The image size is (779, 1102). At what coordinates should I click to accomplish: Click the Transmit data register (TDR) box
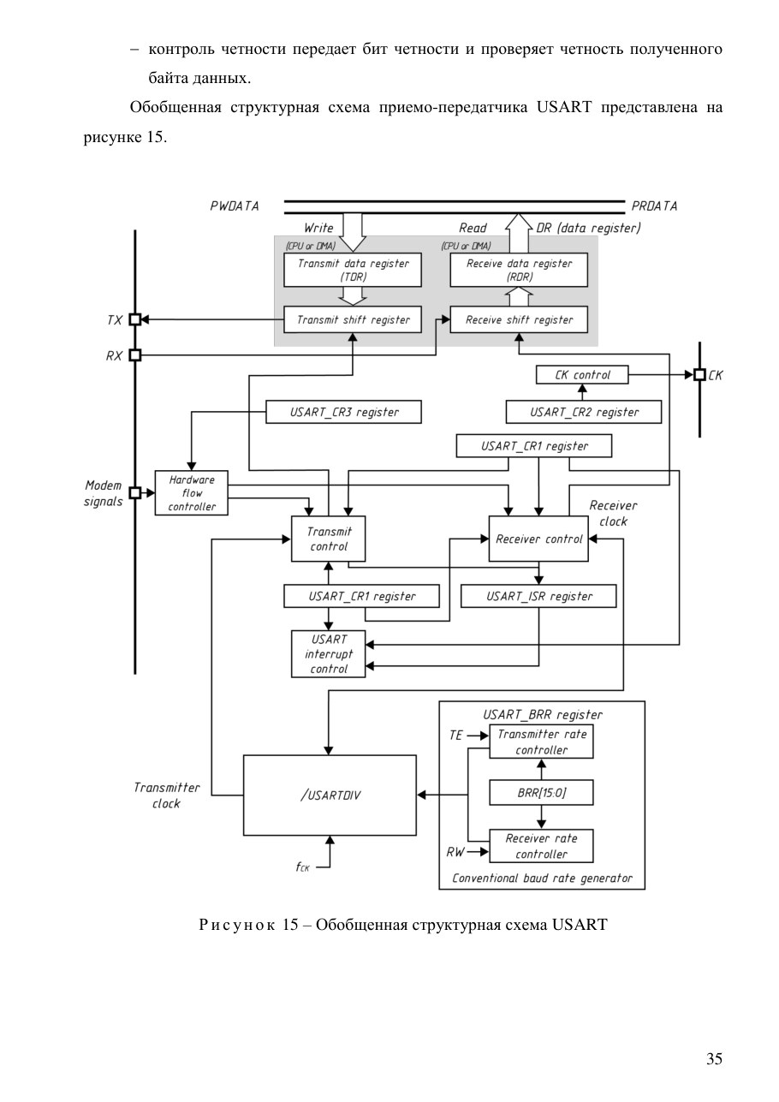pos(352,270)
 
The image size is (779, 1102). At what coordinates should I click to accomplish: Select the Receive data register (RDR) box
pos(519,270)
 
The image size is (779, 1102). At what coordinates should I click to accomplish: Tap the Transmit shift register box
pos(352,319)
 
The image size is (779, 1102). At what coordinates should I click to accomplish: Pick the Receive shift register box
pos(519,319)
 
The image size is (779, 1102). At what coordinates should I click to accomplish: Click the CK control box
pos(582,374)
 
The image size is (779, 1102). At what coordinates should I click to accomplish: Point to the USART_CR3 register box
pos(343,412)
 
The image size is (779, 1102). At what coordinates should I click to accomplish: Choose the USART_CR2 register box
pos(583,412)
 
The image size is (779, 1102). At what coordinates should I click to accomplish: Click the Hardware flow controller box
pos(191,493)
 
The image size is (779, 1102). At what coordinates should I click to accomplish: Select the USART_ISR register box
pos(538,596)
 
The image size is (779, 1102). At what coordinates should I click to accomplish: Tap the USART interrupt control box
pos(328,654)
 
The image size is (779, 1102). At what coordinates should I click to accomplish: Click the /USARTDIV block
pos(330,795)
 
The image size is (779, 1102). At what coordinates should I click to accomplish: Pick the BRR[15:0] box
pos(541,793)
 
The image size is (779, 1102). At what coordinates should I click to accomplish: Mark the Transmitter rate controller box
pos(541,742)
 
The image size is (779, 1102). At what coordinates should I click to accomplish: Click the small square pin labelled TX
pos(134,319)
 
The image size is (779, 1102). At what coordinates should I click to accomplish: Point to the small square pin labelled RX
pos(134,354)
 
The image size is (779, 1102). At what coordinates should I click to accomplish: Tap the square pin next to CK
pos(699,374)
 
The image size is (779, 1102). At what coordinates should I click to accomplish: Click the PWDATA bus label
pos(235,206)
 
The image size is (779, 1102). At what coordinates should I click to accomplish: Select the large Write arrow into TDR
pos(352,232)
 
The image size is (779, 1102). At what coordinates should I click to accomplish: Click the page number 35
pos(714,1058)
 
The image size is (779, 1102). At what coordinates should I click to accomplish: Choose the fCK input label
pos(302,867)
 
